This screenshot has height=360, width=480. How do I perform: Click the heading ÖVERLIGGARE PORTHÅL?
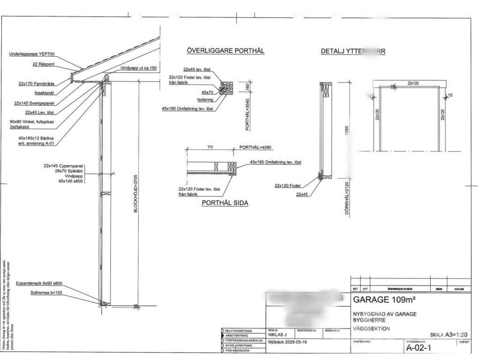(x=225, y=51)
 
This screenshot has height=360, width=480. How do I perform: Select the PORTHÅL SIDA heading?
(x=225, y=203)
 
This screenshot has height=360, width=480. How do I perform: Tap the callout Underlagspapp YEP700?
(x=31, y=54)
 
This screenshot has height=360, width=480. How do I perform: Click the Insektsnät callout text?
(x=45, y=93)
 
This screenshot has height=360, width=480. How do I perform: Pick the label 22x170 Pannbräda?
(x=37, y=83)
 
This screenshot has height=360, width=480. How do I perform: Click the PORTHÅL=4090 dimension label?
(x=255, y=147)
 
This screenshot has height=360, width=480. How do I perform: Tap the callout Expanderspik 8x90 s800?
(x=39, y=284)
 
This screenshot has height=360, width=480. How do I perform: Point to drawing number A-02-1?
(x=418, y=348)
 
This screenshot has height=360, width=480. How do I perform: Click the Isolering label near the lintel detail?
(x=205, y=99)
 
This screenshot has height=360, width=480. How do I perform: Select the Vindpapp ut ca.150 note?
(x=138, y=68)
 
